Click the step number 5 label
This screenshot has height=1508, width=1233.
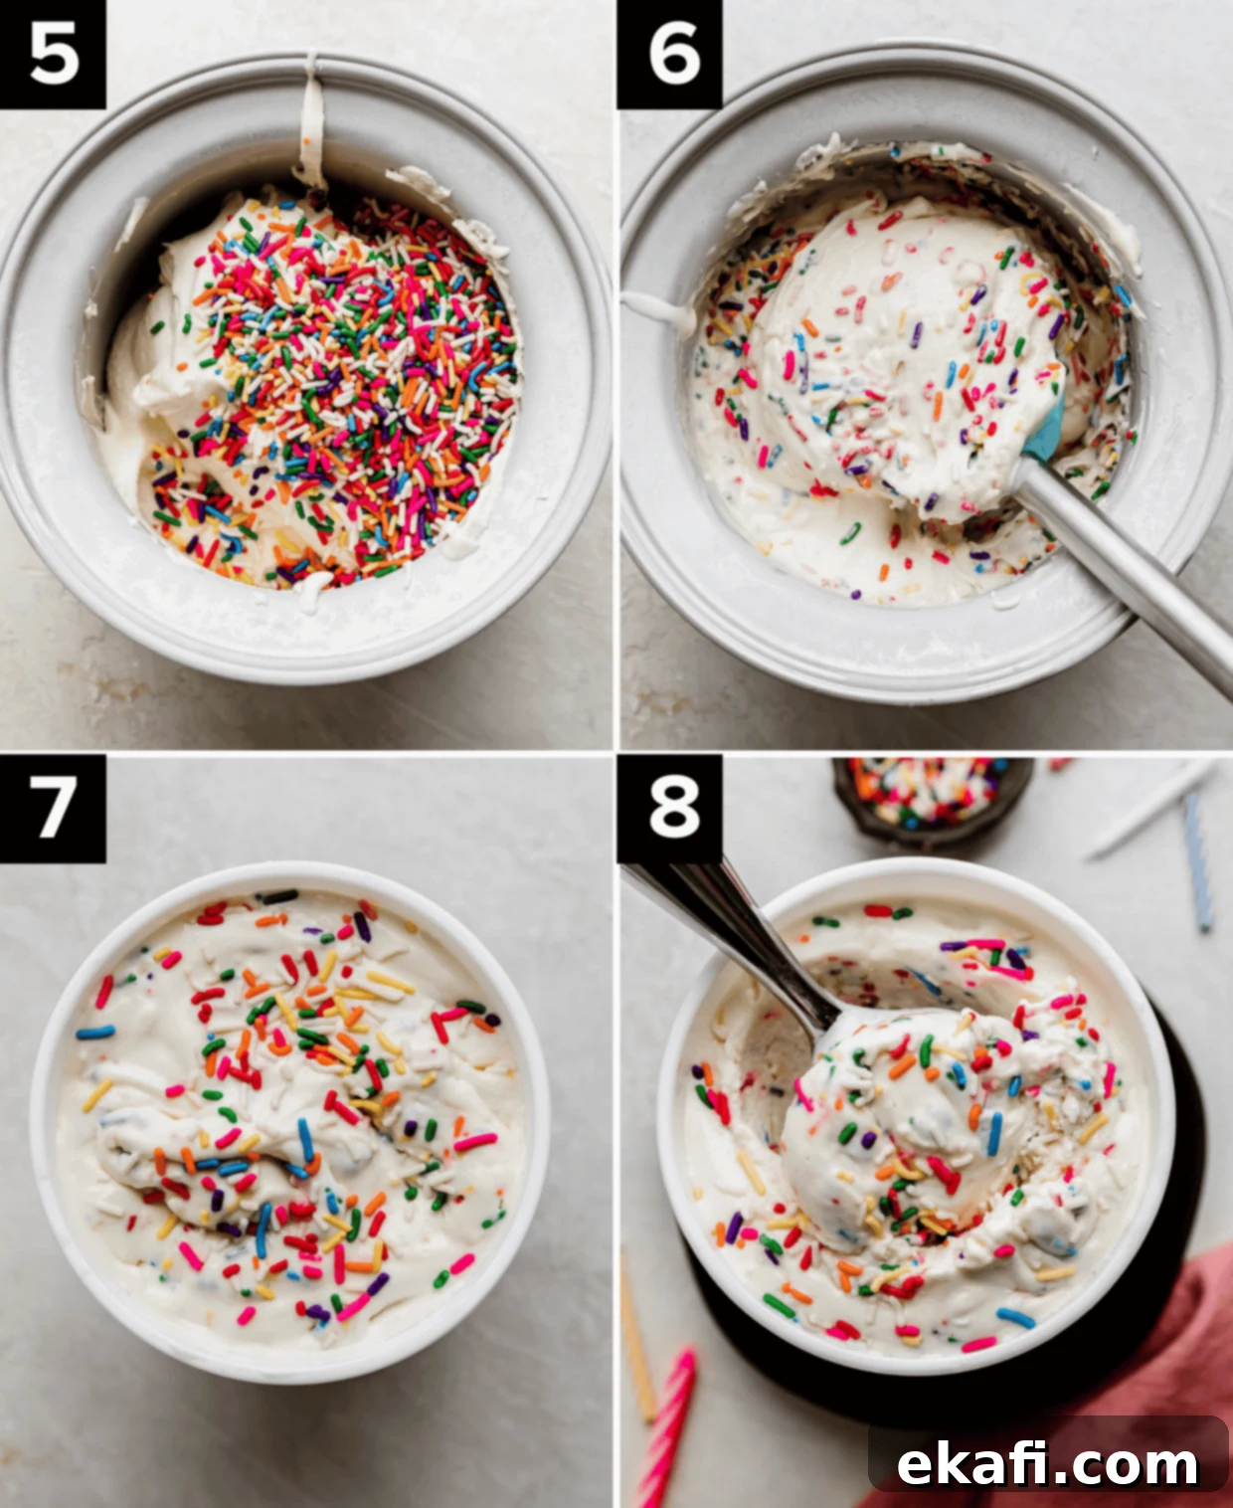pos(53,53)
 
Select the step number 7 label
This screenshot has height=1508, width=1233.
pos(53,809)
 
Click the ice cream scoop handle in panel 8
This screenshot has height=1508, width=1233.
pos(736,944)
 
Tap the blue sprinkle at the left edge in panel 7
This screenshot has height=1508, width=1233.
pos(95,1033)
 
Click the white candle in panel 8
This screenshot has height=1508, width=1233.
pos(1150,812)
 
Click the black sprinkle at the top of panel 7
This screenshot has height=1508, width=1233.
pos(278,896)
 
